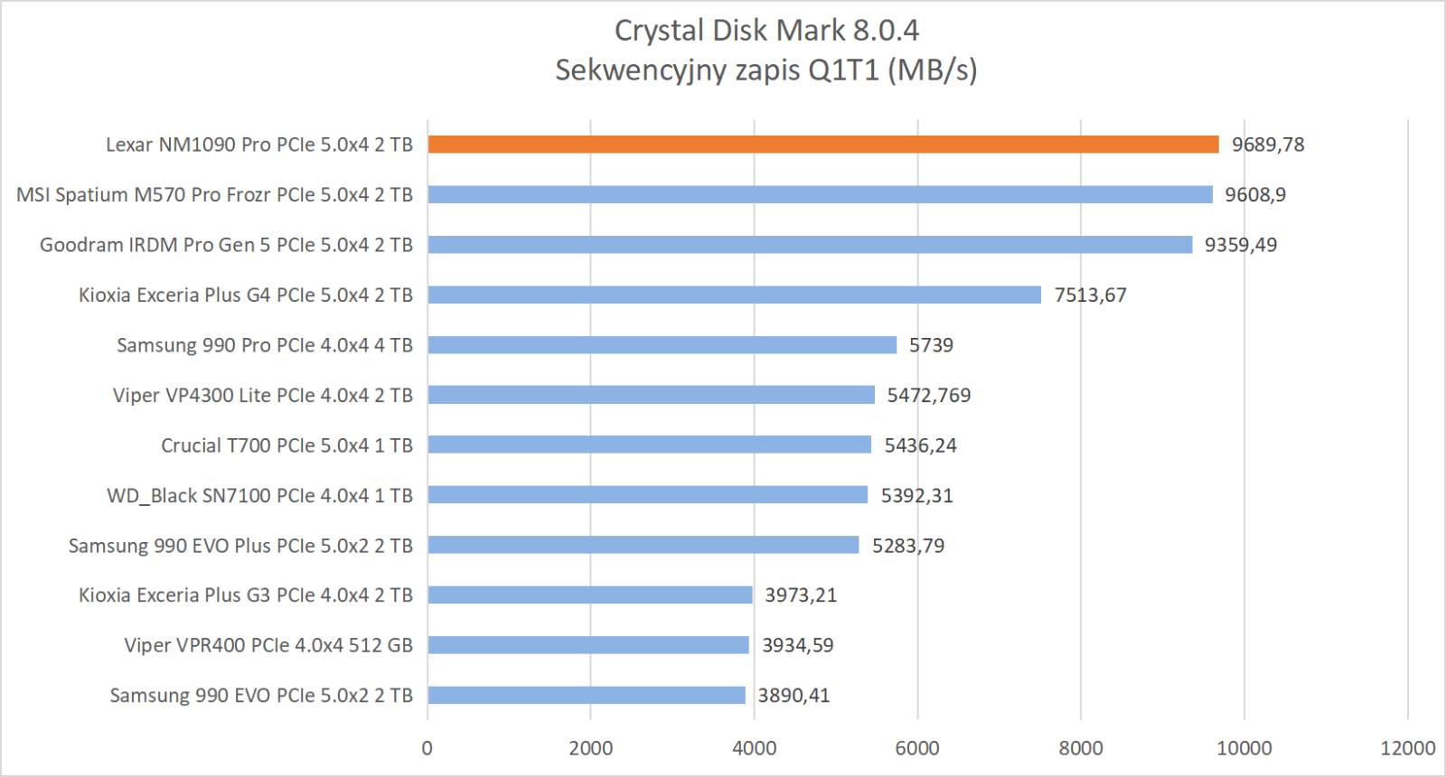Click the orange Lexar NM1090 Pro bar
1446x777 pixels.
point(822,145)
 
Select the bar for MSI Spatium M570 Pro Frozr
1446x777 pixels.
point(820,194)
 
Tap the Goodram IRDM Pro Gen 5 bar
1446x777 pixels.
point(810,245)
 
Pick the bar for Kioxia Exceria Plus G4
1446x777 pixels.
point(734,295)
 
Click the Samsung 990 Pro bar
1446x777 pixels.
point(662,345)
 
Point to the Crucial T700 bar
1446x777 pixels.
point(649,445)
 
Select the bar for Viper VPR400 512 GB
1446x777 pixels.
point(587,645)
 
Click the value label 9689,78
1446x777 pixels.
point(1268,145)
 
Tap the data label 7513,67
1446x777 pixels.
point(1090,295)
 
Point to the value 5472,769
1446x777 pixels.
point(928,396)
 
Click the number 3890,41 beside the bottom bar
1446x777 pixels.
point(793,696)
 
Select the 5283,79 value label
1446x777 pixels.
point(907,546)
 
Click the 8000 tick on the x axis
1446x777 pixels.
point(1081,748)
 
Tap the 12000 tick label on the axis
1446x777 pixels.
point(1407,748)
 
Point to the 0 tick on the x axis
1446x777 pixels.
point(427,748)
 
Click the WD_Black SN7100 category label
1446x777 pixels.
point(259,495)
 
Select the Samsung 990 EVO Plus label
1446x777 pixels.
point(240,546)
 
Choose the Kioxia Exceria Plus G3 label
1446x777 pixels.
point(245,595)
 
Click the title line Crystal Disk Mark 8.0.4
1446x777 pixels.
point(766,31)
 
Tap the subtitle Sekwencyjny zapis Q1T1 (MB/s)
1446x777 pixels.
point(766,70)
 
